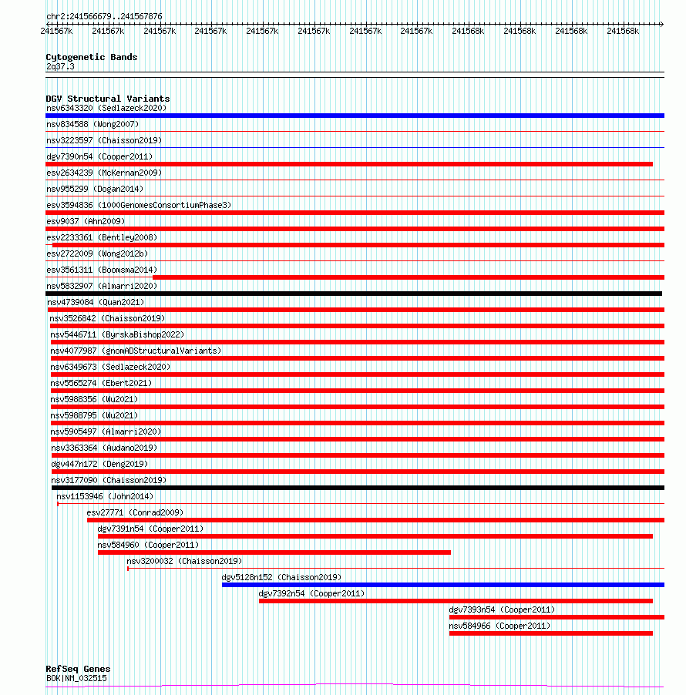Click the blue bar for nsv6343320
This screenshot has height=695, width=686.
[355, 116]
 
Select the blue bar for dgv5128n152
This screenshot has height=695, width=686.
[442, 585]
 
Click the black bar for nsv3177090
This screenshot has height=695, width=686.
[358, 488]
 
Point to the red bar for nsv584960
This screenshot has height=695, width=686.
[274, 552]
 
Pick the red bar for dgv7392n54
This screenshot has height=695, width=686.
[456, 601]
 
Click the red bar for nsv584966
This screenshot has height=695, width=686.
[550, 633]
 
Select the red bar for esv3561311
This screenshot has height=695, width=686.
[408, 277]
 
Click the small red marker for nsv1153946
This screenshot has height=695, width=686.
[58, 504]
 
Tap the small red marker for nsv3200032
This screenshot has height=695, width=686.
[128, 569]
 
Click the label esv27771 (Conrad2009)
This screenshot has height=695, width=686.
[135, 512]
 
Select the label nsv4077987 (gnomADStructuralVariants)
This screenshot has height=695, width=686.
[136, 351]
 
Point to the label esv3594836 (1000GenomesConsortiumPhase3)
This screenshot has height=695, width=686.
[139, 205]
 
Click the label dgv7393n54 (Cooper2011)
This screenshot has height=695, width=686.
[502, 609]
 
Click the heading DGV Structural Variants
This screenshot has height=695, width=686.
[107, 99]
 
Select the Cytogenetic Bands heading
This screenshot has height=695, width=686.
[91, 57]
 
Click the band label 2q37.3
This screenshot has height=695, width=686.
[60, 66]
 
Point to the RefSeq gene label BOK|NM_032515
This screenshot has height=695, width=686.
[76, 678]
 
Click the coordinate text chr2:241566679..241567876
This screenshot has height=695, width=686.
[104, 16]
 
